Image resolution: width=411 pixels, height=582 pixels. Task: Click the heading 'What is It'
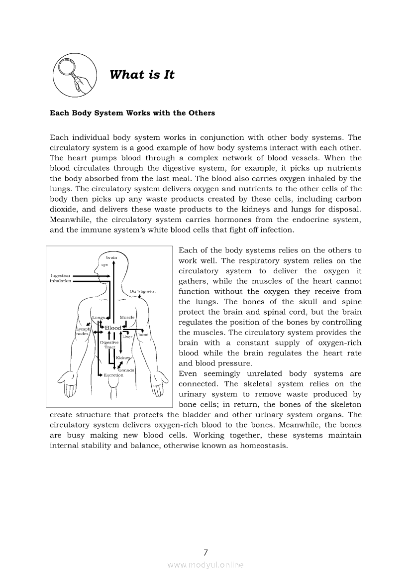[142, 75]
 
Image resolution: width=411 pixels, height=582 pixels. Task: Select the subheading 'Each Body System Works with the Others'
[132, 113]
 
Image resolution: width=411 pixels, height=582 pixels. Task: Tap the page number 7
[205, 552]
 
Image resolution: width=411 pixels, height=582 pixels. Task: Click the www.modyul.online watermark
[205, 565]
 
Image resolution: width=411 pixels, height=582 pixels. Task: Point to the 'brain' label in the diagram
[111, 257]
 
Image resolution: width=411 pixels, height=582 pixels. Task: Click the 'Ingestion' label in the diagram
[60, 275]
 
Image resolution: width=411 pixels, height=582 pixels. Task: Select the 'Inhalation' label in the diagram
[60, 281]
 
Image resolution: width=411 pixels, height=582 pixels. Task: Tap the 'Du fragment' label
[143, 291]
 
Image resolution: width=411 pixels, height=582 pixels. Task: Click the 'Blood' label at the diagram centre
[113, 328]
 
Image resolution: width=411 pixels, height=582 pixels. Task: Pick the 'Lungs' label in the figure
[98, 318]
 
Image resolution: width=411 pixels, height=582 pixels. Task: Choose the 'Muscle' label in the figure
[127, 318]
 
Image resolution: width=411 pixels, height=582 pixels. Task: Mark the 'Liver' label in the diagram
[127, 337]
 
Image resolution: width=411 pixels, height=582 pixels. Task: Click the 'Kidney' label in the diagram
[123, 358]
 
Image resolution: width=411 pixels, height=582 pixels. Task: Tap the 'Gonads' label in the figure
[126, 370]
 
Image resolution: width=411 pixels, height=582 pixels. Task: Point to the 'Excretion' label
[113, 375]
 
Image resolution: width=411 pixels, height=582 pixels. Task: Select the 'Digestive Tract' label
[109, 345]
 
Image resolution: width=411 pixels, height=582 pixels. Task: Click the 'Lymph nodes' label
[82, 331]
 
